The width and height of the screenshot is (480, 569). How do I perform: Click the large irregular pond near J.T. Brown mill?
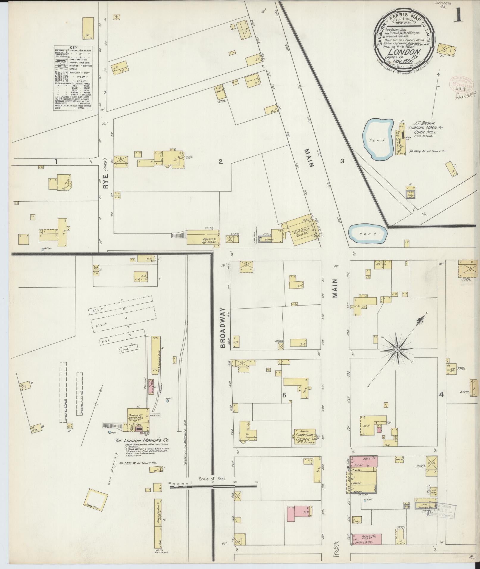[x=377, y=139]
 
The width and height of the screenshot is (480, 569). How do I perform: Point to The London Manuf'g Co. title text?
[x=143, y=448]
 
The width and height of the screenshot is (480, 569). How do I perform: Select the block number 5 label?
[x=284, y=395]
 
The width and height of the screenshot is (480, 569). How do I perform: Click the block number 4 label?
[x=441, y=395]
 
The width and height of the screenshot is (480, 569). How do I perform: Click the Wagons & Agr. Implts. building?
[x=204, y=238]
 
